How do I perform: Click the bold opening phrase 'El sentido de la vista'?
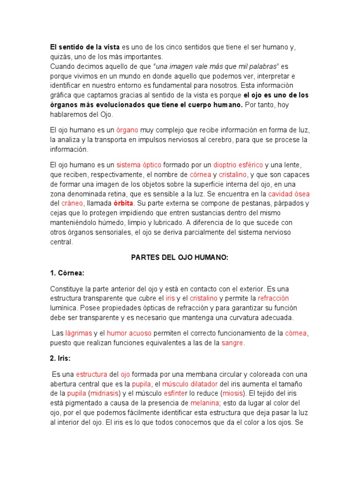point(85,47)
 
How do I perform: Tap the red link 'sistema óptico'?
point(139,165)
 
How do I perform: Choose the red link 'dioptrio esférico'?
point(238,165)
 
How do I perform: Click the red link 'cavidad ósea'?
point(289,194)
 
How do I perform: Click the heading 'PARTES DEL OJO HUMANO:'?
point(179,257)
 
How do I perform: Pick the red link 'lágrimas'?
point(78,333)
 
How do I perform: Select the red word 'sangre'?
point(232,343)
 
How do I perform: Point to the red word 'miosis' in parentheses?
point(232,393)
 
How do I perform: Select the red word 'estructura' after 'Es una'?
point(91,374)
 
